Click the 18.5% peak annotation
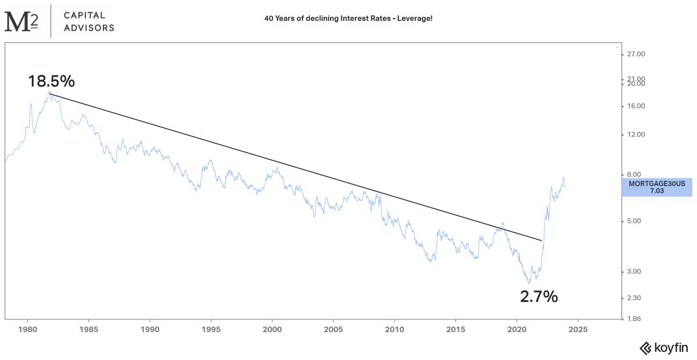(x=51, y=81)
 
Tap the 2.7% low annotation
(x=538, y=297)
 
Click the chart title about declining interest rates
(x=348, y=19)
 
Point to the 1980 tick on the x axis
(x=28, y=329)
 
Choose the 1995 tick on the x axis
(x=211, y=329)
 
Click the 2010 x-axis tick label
(x=394, y=329)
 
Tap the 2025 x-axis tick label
(x=578, y=329)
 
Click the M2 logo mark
(x=21, y=21)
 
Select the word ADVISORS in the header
(x=89, y=28)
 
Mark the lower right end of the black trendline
(x=542, y=240)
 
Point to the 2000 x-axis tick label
(x=272, y=329)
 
